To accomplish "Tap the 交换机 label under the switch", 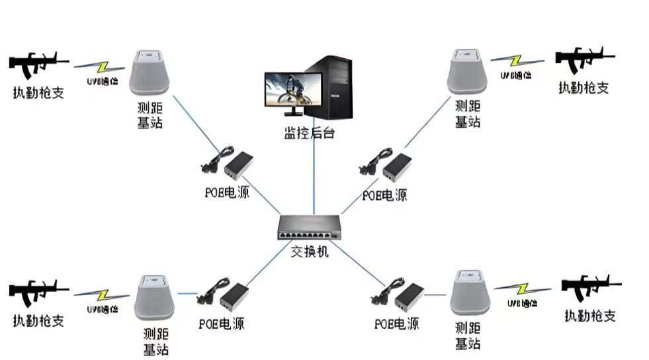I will (310, 251).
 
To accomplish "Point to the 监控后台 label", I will (309, 133).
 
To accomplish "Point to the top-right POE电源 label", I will (385, 195).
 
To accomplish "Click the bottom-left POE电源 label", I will (221, 324).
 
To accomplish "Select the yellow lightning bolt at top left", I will (101, 67).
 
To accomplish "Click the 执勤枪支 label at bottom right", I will (590, 316).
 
